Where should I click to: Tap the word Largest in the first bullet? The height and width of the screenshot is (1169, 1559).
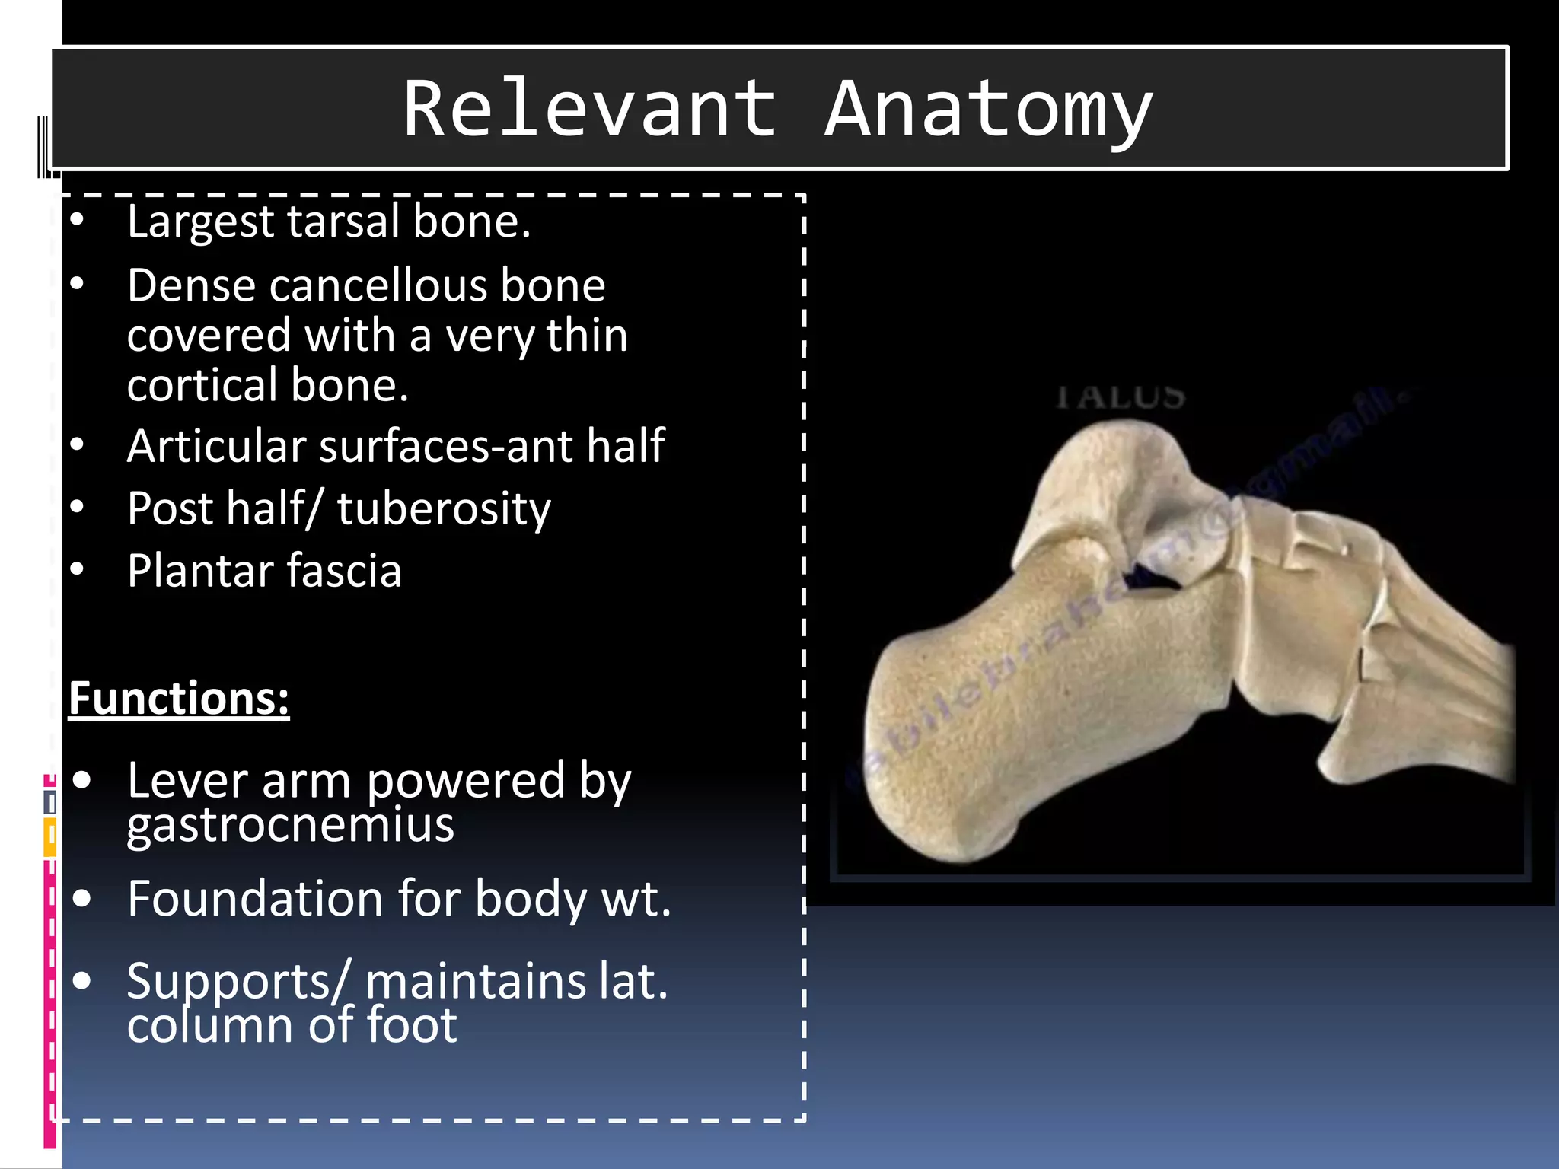[200, 222]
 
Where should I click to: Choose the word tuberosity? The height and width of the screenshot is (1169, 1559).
[444, 510]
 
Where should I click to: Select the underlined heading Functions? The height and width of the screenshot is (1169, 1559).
[179, 698]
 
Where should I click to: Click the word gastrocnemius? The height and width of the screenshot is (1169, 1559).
[290, 825]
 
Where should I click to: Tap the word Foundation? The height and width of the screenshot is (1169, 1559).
[255, 899]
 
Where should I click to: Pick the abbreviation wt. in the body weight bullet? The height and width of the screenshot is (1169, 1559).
[636, 900]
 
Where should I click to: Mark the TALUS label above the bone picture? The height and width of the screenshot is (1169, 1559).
[1121, 397]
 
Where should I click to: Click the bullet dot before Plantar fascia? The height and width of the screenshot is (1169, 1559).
[78, 569]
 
